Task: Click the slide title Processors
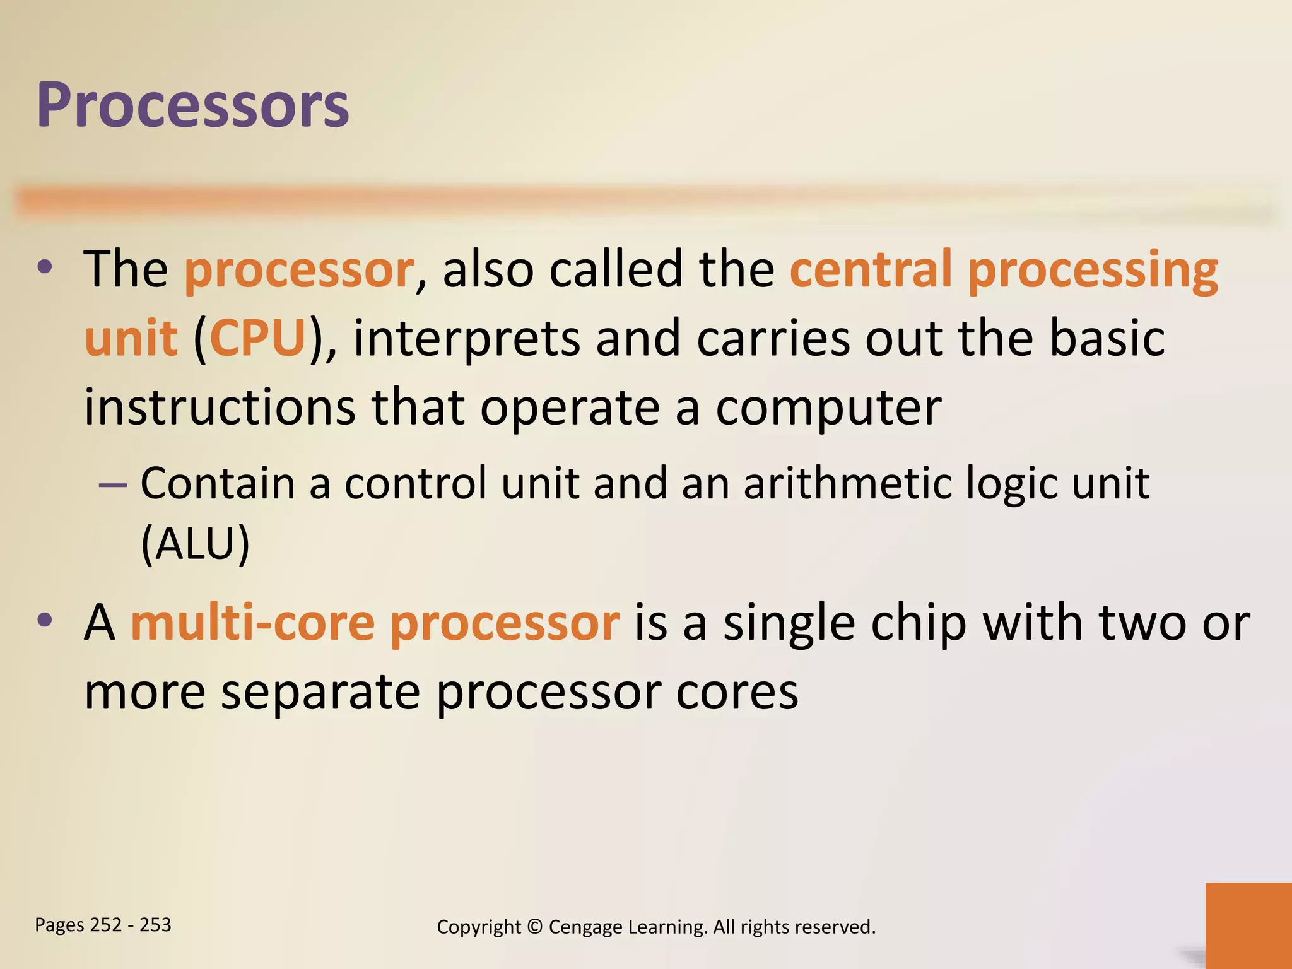coord(192,106)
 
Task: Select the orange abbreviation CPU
coord(257,338)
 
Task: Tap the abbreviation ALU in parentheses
coord(195,543)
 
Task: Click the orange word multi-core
coord(252,623)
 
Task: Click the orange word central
coord(871,269)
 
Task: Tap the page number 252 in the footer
coord(106,925)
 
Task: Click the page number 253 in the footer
coord(155,925)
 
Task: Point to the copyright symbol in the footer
coord(534,927)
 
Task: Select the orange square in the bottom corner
coord(1248,925)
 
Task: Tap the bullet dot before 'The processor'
coord(45,267)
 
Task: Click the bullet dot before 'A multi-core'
coord(45,621)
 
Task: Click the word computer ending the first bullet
coord(828,408)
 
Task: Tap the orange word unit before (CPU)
coord(131,338)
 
